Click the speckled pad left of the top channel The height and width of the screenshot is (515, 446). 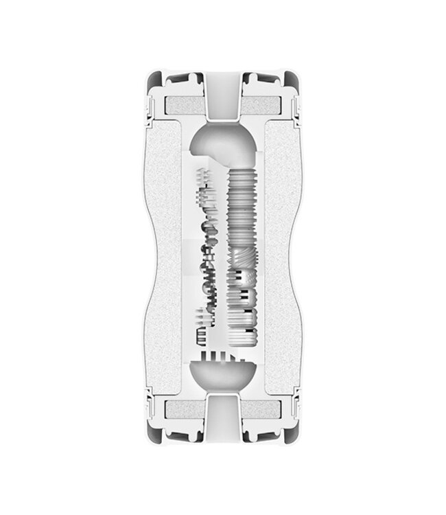click(185, 106)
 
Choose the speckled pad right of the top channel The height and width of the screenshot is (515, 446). click(261, 106)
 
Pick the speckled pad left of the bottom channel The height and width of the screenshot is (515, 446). click(185, 410)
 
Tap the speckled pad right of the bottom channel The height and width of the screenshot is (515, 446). click(261, 410)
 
